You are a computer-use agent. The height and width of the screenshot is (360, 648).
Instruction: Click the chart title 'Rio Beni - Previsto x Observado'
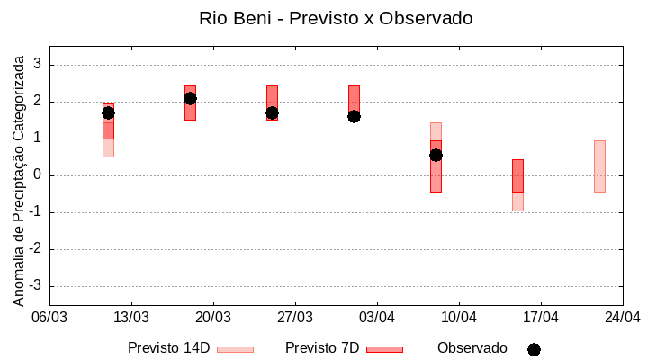pos(336,18)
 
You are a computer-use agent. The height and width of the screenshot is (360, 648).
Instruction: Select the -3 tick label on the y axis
pos(36,286)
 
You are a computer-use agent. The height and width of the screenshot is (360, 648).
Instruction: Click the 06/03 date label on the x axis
pos(49,318)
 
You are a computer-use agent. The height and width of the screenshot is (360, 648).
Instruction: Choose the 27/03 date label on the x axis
pos(295,318)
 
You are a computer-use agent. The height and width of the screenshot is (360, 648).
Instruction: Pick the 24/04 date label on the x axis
pos(622,318)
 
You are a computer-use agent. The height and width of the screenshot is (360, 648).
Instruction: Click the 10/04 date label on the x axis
pos(459,318)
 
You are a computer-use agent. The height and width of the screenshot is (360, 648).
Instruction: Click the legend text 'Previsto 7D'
pos(321,348)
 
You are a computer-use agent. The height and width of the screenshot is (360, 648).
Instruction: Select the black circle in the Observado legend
pos(534,349)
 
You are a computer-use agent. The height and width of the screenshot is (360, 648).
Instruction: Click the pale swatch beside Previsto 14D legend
pos(235,349)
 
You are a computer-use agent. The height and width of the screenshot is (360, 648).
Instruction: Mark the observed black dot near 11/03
pos(108,112)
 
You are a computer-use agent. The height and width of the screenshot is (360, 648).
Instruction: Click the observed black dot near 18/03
pos(190,98)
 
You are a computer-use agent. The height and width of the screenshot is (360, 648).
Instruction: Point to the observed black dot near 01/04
pos(354,116)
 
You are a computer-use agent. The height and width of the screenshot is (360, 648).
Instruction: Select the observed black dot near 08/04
pos(436,155)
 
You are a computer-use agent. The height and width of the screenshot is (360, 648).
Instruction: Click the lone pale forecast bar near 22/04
pos(599,166)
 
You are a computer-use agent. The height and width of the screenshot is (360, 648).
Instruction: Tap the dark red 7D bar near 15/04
pos(517,175)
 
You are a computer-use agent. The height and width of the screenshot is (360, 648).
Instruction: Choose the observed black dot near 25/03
pos(272,112)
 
